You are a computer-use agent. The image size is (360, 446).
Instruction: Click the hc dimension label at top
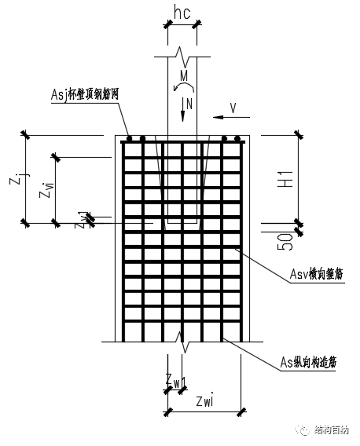(182, 13)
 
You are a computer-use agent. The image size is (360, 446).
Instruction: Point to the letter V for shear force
(233, 106)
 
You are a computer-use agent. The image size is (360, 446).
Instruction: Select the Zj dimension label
(15, 181)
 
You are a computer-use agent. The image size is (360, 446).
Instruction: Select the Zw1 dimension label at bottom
(174, 380)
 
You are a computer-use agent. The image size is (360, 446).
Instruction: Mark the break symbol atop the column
(182, 57)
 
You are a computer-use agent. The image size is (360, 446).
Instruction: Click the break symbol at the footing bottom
(182, 343)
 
